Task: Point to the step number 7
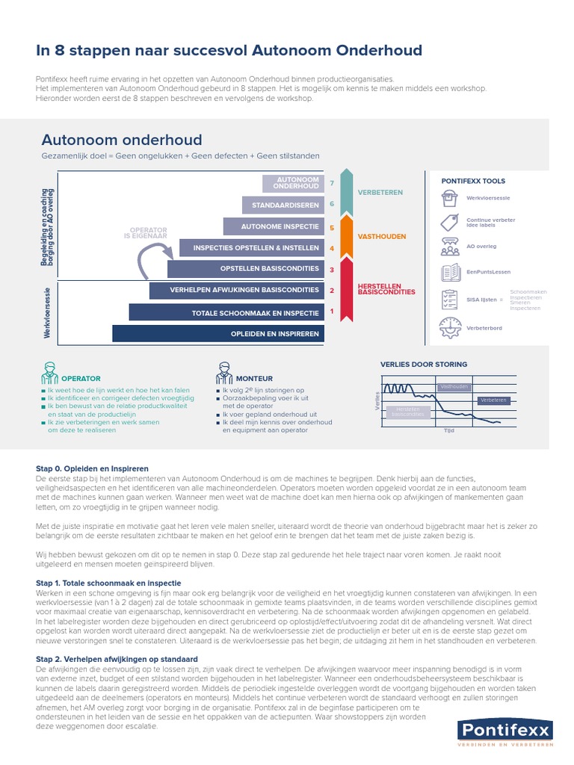pyautogui.click(x=331, y=183)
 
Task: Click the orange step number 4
pyautogui.click(x=331, y=248)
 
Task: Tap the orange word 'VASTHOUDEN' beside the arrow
pyautogui.click(x=381, y=237)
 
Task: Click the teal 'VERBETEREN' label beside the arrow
pyautogui.click(x=380, y=193)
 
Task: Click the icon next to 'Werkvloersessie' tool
pyautogui.click(x=449, y=199)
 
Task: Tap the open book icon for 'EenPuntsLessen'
pyautogui.click(x=450, y=273)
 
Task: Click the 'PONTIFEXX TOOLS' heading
pyautogui.click(x=473, y=181)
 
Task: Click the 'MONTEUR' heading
pyautogui.click(x=254, y=379)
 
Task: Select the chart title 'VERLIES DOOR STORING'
pyautogui.click(x=424, y=365)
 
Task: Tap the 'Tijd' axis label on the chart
pyautogui.click(x=448, y=431)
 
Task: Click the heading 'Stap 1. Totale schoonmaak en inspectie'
pyautogui.click(x=108, y=583)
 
